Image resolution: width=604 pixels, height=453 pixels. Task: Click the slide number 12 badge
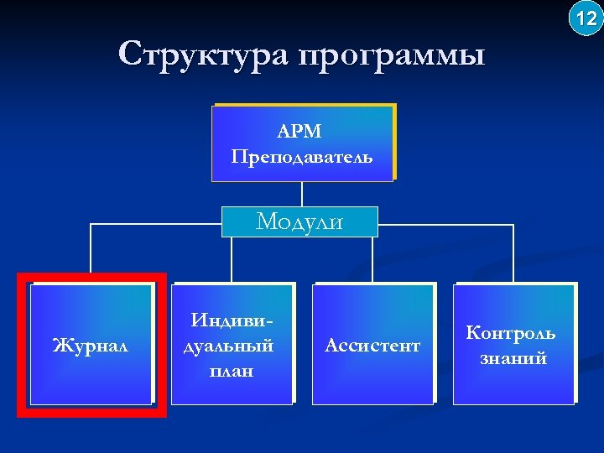(x=586, y=18)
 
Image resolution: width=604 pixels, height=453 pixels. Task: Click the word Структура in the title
(x=201, y=55)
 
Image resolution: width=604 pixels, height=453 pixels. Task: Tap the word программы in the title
(x=391, y=56)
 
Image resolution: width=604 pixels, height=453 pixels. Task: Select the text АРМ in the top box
(x=300, y=132)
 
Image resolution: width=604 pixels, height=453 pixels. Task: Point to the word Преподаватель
(x=302, y=156)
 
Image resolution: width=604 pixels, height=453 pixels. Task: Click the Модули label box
(x=299, y=221)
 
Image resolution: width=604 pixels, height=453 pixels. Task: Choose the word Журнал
(x=90, y=345)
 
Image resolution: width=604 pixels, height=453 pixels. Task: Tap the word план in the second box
(x=232, y=370)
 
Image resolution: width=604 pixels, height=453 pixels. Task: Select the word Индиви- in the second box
(x=232, y=320)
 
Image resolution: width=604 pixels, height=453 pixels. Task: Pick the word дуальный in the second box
(x=230, y=345)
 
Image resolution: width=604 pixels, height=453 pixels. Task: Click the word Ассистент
(x=372, y=345)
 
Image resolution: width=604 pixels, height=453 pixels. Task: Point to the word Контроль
(x=511, y=333)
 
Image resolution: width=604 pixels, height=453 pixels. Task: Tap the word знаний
(x=513, y=358)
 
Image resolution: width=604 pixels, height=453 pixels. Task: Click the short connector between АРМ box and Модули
(x=301, y=194)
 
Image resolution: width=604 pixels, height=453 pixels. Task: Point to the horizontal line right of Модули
(x=445, y=225)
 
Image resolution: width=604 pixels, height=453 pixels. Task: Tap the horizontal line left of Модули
(x=155, y=225)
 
